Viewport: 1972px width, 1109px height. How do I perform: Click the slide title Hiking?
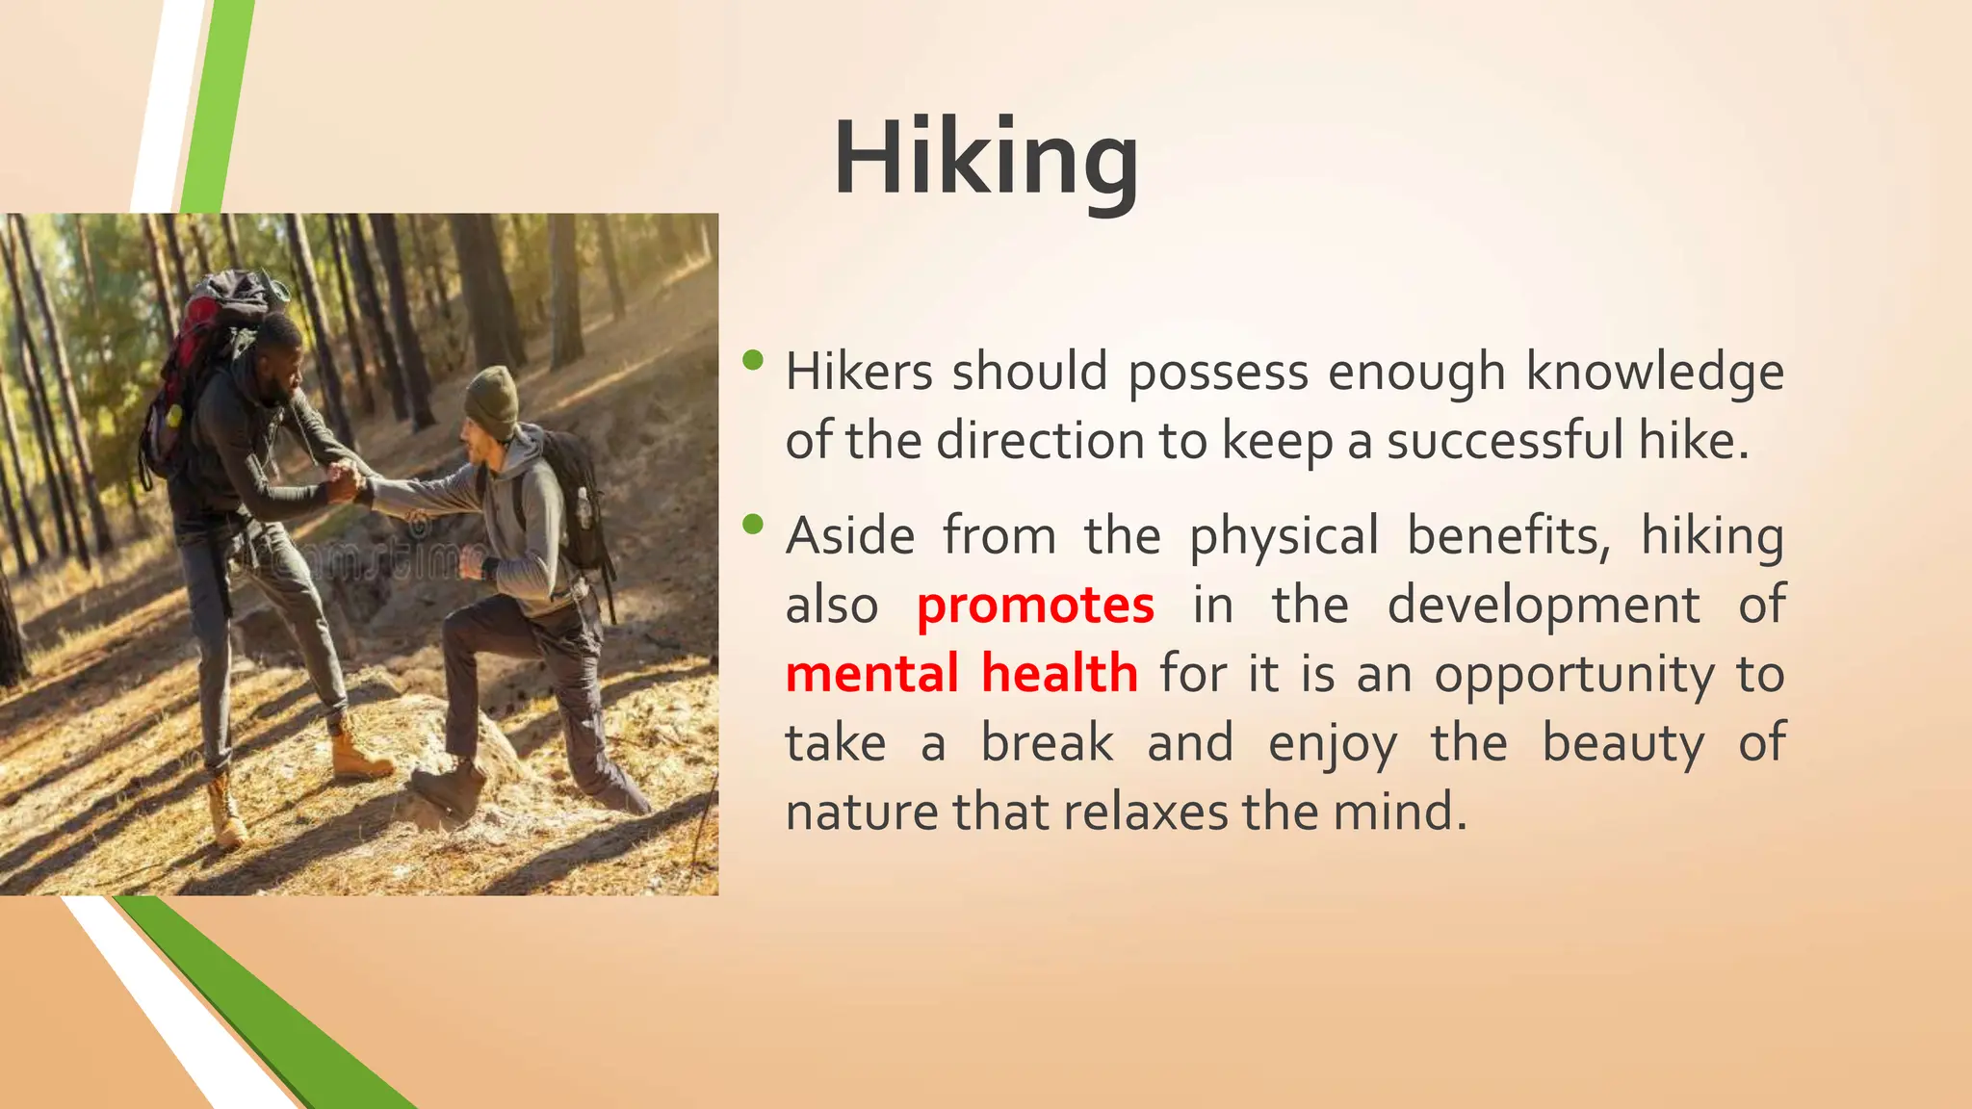pyautogui.click(x=986, y=159)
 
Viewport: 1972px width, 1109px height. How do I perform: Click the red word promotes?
pyautogui.click(x=1035, y=606)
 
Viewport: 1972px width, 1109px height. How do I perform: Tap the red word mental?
pyautogui.click(x=872, y=673)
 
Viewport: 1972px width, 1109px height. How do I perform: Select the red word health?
pyautogui.click(x=1059, y=673)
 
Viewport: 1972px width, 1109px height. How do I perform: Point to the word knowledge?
pyautogui.click(x=1654, y=374)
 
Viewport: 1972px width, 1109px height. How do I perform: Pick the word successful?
pyautogui.click(x=1504, y=441)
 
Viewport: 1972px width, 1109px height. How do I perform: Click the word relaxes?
pyautogui.click(x=1146, y=812)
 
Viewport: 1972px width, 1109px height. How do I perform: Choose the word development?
pyautogui.click(x=1544, y=606)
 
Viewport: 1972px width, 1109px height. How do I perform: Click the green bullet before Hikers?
pyautogui.click(x=753, y=361)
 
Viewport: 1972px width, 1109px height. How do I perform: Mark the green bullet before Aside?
pyautogui.click(x=753, y=525)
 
